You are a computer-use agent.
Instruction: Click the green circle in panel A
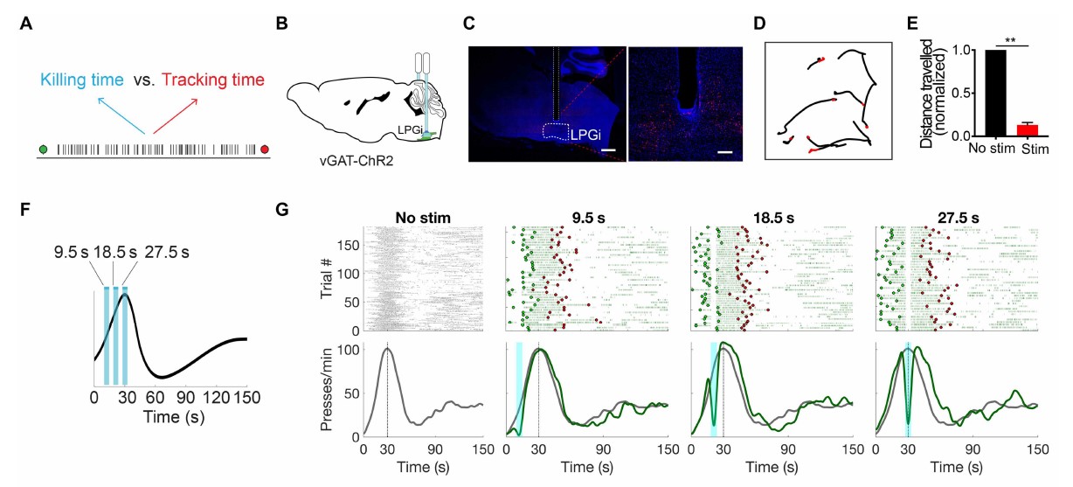43,150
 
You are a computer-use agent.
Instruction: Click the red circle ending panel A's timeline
265,150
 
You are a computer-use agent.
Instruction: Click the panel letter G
281,211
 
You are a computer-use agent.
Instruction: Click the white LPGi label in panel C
585,136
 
